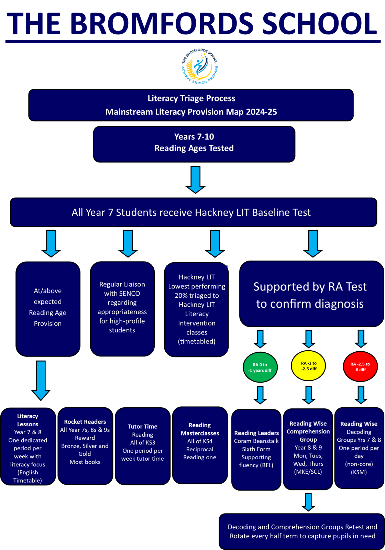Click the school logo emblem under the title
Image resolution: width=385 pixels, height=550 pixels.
200,66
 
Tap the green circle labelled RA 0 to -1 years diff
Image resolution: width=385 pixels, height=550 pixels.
260,367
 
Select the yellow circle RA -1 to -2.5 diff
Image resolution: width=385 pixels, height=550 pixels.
308,366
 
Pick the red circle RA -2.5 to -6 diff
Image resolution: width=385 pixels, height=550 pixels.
360,366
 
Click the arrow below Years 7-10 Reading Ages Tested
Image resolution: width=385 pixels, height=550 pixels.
196,180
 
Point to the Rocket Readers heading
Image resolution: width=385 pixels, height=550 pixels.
85,422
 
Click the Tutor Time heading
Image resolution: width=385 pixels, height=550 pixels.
142,427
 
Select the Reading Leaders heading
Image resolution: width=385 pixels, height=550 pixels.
256,433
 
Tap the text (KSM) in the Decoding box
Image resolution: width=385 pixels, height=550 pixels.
359,472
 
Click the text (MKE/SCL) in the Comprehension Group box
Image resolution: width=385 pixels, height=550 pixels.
308,472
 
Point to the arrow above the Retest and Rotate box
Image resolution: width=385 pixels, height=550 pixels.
308,502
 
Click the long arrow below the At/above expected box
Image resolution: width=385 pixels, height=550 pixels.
41,381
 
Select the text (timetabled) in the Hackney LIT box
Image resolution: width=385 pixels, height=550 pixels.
197,342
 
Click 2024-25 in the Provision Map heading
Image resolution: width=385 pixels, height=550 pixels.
262,112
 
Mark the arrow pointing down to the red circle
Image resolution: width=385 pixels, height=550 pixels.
361,339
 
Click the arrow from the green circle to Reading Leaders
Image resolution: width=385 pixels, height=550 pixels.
260,395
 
